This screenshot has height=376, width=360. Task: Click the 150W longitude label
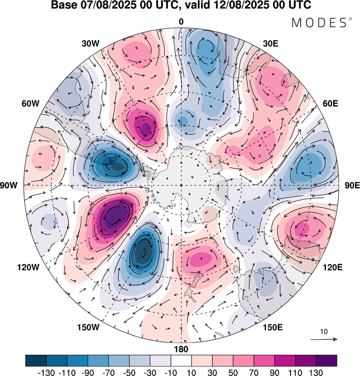click(x=88, y=327)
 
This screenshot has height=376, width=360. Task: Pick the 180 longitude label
click(x=181, y=349)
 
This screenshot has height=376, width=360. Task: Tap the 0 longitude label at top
click(x=181, y=22)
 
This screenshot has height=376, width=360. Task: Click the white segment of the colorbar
click(x=181, y=360)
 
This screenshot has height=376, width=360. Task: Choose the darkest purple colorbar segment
click(x=326, y=360)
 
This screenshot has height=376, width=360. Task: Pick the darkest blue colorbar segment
click(x=36, y=360)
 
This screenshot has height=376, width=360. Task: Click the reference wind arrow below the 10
click(x=324, y=340)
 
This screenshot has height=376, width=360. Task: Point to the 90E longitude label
click(x=352, y=185)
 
